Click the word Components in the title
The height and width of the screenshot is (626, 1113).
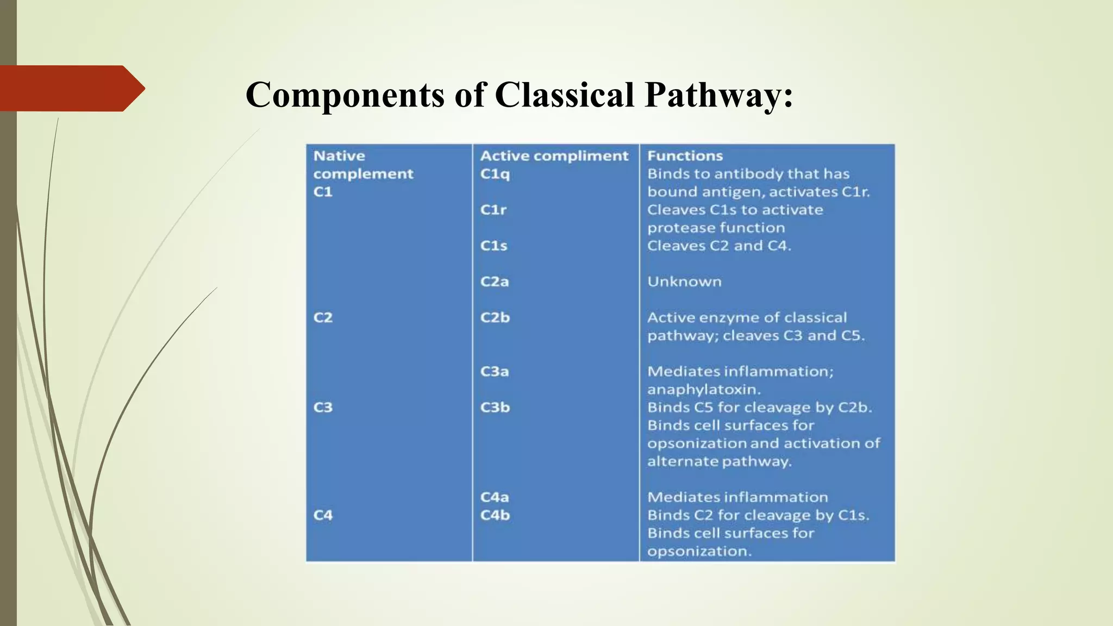345,95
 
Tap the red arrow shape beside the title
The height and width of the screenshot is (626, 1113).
71,88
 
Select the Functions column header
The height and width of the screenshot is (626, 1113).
685,156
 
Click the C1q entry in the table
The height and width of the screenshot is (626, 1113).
495,174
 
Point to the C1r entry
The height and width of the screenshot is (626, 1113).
493,210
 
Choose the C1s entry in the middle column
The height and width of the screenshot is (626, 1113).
493,246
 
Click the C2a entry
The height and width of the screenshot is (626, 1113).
494,281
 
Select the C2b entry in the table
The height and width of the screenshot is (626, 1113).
495,317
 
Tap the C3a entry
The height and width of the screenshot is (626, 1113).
494,372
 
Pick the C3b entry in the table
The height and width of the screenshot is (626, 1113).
495,408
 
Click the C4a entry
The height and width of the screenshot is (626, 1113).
494,497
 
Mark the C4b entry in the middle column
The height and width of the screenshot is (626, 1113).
495,515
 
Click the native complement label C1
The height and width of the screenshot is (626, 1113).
323,192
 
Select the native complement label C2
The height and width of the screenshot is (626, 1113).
323,317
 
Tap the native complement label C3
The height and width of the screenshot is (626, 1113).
323,408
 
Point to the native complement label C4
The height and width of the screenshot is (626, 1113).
323,515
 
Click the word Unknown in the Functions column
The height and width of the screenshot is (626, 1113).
684,281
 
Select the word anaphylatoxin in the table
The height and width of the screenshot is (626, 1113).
703,390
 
